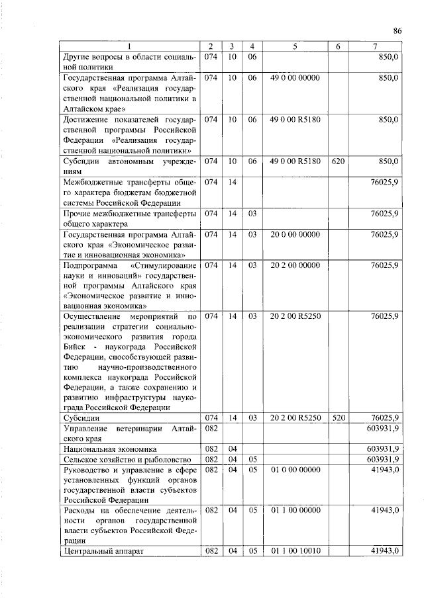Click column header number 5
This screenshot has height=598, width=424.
[295, 46]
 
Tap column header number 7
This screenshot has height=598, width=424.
[375, 46]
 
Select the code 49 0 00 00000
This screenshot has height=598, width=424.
[295, 78]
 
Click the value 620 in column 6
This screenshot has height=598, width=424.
[338, 161]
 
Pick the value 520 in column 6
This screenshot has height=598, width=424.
[338, 417]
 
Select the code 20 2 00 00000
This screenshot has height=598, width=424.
[295, 265]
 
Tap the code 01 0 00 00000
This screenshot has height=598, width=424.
[295, 469]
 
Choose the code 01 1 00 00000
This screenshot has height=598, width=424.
[295, 510]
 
